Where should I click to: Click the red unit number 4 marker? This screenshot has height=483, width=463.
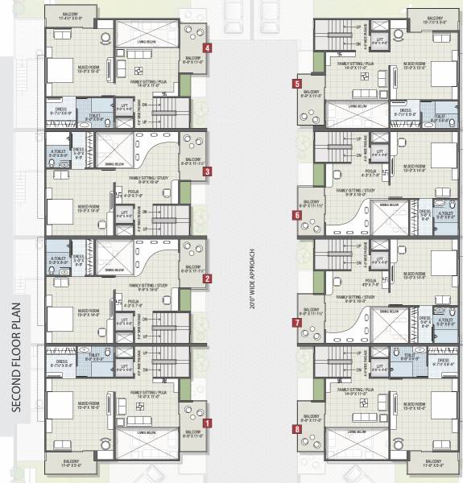208,48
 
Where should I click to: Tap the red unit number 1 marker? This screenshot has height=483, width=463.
208,423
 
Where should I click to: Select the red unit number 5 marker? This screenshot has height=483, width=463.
297,83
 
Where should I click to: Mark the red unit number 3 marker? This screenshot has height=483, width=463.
208,171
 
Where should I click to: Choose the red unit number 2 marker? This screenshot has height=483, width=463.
208,279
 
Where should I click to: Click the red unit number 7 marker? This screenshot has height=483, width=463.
297,322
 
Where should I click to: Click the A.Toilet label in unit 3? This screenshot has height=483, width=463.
57,151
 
